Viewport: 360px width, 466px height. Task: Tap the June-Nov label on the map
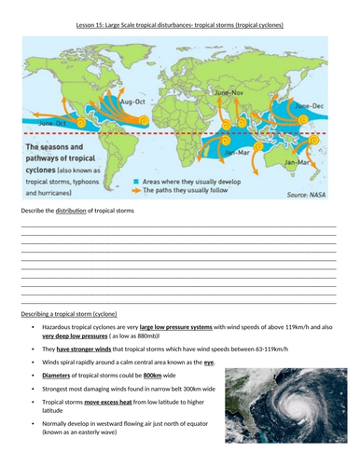coord(229,94)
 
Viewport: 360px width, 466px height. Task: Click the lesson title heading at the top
coord(179,23)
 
